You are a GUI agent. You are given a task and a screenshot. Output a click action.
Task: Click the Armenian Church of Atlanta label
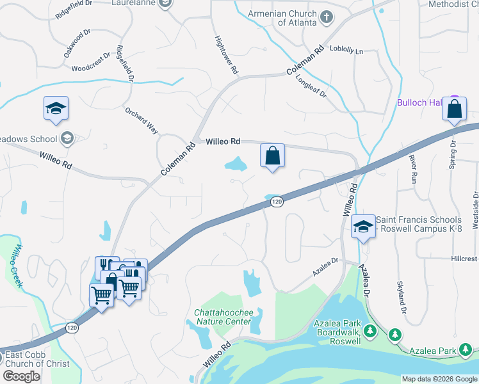click(297, 18)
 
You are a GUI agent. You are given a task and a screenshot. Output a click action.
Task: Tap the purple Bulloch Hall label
click(420, 102)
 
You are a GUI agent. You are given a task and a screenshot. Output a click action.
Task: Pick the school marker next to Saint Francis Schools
click(363, 227)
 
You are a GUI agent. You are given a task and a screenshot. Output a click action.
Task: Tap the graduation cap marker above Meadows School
click(56, 108)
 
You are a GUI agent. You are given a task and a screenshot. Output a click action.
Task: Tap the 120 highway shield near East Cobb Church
click(72, 328)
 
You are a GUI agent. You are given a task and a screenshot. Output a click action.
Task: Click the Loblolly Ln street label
click(346, 49)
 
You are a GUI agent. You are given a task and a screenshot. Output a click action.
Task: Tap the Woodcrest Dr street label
click(93, 67)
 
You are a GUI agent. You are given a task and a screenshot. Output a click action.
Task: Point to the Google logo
click(22, 376)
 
